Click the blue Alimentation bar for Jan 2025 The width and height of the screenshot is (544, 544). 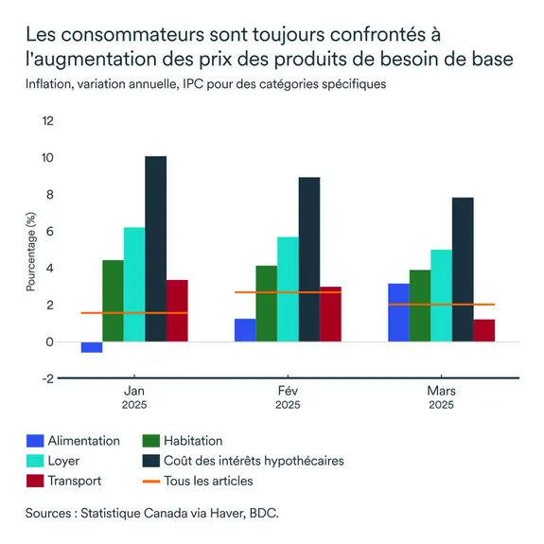[x=92, y=347]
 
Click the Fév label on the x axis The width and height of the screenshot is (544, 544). [x=288, y=390]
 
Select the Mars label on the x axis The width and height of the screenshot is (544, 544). [x=441, y=390]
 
